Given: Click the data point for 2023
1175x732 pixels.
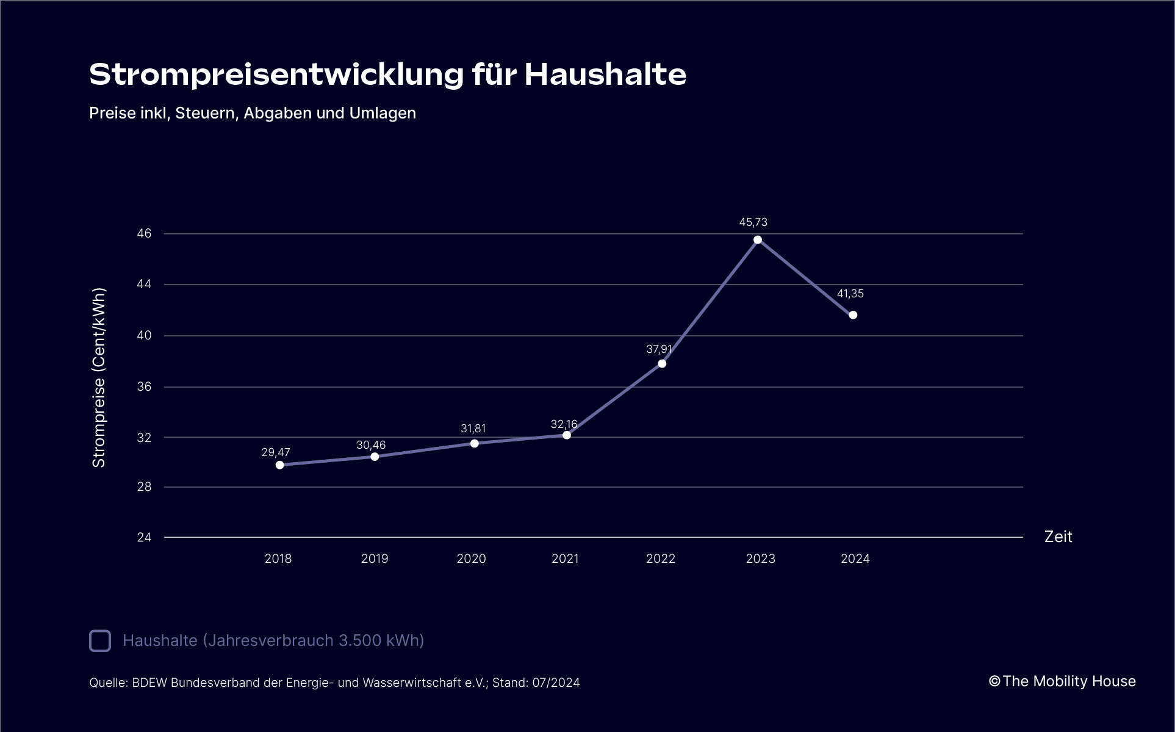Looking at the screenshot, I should click(758, 240).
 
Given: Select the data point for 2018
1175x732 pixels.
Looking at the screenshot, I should click(280, 465).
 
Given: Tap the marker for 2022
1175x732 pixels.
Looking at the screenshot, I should click(662, 364).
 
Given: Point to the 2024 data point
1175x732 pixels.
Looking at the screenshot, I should click(853, 315).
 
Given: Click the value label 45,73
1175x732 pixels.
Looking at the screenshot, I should click(753, 222).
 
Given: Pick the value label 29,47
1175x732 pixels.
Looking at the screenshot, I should click(276, 452).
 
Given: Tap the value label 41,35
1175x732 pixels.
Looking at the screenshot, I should click(850, 294).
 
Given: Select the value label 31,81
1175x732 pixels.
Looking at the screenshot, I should click(473, 429).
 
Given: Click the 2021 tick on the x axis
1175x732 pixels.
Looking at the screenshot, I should click(565, 559).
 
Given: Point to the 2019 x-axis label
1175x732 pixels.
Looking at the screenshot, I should click(375, 559).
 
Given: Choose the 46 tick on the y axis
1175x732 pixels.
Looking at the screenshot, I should click(145, 234).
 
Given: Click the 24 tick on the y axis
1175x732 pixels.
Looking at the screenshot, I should click(145, 537).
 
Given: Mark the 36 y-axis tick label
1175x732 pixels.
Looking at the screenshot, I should click(145, 387).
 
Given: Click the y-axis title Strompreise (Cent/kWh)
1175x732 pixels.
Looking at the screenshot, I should click(99, 377).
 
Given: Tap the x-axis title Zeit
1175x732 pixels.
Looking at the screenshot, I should click(1058, 537).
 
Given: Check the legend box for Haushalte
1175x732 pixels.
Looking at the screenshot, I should click(100, 641).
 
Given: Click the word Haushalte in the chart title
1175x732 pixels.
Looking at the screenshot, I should click(605, 75).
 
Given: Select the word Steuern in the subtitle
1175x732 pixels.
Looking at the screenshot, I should click(206, 114).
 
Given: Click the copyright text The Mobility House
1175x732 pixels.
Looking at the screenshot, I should click(1069, 681).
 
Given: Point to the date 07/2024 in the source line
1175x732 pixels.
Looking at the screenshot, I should click(556, 683).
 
